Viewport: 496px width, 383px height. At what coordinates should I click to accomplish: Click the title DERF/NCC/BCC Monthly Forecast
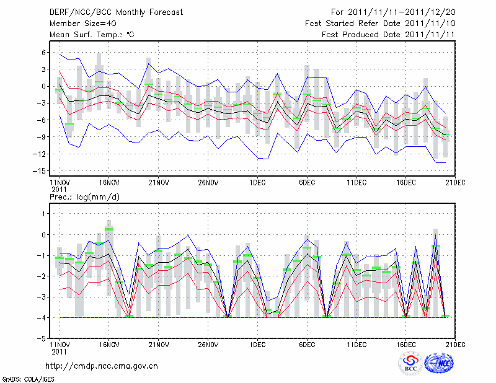coord(116,12)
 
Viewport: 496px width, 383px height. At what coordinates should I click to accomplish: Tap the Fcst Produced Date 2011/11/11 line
coord(389,35)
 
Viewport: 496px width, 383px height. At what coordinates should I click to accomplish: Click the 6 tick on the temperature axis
coord(44,53)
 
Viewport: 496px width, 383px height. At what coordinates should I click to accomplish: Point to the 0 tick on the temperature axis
coord(44,86)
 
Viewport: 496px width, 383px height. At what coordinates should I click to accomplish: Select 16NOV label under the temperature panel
coord(109,183)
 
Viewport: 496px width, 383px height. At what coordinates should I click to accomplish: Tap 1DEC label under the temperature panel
coord(257,183)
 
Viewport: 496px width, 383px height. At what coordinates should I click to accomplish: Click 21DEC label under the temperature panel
coord(456,183)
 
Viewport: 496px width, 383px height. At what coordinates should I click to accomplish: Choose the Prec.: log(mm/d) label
coord(85,196)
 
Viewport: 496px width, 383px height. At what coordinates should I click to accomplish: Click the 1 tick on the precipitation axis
coord(44,214)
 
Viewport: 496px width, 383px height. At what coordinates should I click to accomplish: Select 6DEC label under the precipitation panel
coord(307,344)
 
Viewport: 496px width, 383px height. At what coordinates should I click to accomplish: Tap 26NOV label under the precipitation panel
coord(208,344)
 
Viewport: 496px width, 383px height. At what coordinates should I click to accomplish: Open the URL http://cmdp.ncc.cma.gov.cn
coord(102,366)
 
